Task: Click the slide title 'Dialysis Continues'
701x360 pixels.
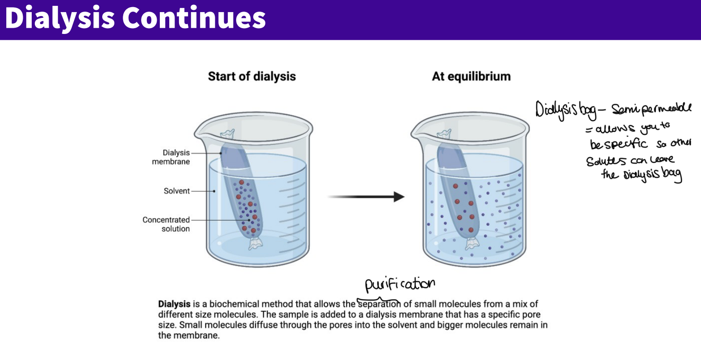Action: pos(135,18)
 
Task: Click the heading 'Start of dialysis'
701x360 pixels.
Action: pos(252,76)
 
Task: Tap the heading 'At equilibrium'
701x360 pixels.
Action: pos(471,76)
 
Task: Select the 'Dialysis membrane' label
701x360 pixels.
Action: pos(171,157)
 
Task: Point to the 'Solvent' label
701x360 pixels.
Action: pos(177,191)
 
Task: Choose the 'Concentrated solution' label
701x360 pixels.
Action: pos(167,224)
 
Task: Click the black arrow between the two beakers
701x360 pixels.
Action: pos(366,197)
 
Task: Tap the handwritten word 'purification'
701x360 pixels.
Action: pos(400,284)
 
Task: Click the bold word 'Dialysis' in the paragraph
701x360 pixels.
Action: pos(174,304)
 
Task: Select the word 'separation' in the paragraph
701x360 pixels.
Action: pos(379,304)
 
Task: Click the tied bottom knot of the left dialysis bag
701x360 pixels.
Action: pos(255,244)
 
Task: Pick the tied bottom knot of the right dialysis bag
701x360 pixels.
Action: pos(472,244)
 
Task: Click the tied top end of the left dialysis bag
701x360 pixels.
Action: pos(228,134)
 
